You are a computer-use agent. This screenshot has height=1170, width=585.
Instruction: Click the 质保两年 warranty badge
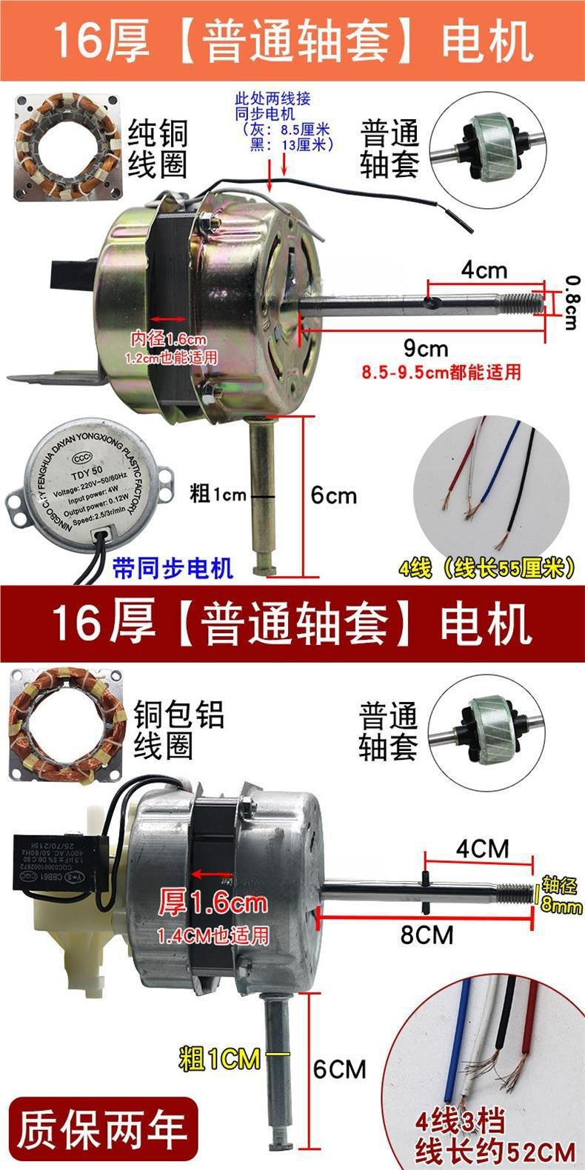tap(101, 1129)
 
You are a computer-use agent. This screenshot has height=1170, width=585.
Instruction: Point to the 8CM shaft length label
tap(427, 935)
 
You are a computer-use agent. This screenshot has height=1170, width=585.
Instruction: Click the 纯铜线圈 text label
tap(158, 149)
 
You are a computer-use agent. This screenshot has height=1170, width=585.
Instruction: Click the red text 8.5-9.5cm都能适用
tap(441, 371)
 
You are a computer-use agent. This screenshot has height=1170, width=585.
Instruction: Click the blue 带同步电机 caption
tap(172, 568)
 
